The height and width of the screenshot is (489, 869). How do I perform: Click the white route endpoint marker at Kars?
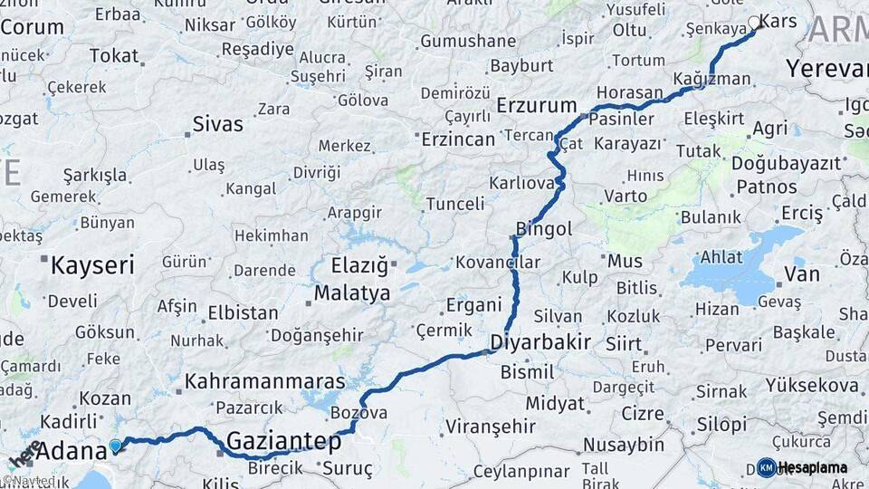click(x=754, y=23)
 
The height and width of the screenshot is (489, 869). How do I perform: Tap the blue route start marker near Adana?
click(x=115, y=445)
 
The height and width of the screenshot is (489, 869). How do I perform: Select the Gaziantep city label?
click(x=283, y=442)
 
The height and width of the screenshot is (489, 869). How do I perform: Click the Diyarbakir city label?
click(x=540, y=342)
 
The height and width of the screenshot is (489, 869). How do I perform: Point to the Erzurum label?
click(x=537, y=106)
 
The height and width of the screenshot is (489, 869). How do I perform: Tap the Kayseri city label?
click(x=92, y=265)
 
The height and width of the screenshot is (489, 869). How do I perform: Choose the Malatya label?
click(x=352, y=293)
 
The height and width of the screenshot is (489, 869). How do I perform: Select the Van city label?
click(x=802, y=273)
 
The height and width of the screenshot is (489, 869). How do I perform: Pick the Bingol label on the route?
click(x=543, y=229)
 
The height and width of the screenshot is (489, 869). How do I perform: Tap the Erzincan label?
click(x=458, y=139)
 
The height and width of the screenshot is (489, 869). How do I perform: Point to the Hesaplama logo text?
click(x=813, y=468)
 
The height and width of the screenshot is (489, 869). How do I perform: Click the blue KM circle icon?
click(x=766, y=468)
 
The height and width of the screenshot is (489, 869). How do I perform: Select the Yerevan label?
click(x=826, y=69)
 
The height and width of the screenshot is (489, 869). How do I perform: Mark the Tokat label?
click(x=113, y=56)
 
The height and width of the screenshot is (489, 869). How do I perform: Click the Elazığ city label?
click(x=359, y=266)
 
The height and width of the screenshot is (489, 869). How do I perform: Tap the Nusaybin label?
click(x=624, y=445)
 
